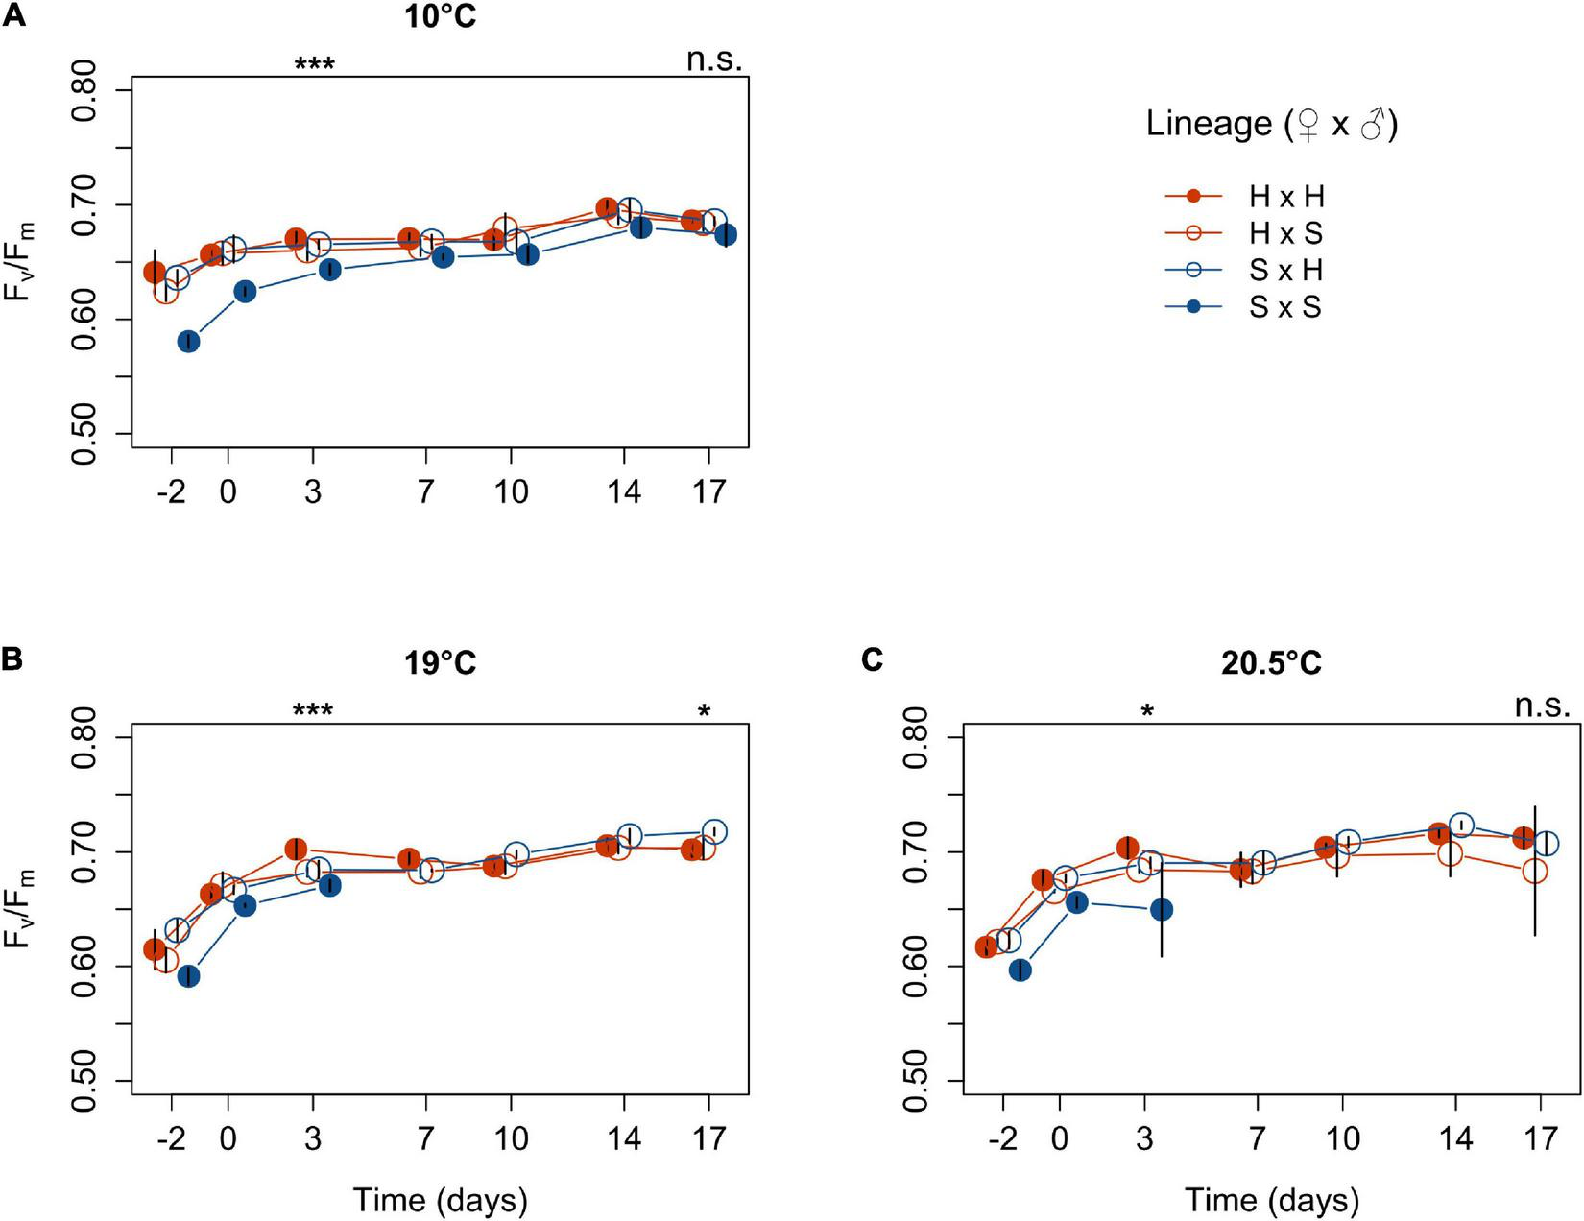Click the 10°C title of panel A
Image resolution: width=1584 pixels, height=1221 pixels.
[x=440, y=16]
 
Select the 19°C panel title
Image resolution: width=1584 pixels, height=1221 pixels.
[x=440, y=663]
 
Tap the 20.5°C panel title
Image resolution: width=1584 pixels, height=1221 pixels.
[x=1271, y=663]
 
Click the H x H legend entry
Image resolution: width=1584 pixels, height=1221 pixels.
[x=1286, y=197]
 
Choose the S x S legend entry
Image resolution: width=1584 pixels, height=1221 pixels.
[x=1284, y=307]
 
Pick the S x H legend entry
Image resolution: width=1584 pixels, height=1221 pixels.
[x=1286, y=271]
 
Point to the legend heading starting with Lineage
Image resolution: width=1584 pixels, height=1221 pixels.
[x=1271, y=125]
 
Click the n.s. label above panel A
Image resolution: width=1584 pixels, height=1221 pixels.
[x=714, y=60]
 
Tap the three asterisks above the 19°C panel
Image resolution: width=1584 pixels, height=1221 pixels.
[x=314, y=711]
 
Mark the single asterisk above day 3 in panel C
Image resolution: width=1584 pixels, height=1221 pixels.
[x=1146, y=711]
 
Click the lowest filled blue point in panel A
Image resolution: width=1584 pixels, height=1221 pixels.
[x=189, y=342]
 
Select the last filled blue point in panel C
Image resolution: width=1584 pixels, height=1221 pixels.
[x=1162, y=909]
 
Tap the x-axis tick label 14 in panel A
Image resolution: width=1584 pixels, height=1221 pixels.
[x=624, y=492]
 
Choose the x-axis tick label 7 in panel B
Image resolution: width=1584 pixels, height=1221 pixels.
[x=425, y=1139]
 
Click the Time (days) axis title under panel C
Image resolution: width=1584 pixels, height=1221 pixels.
[x=1271, y=1200]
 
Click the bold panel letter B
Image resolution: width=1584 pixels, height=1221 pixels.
[x=12, y=660]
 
